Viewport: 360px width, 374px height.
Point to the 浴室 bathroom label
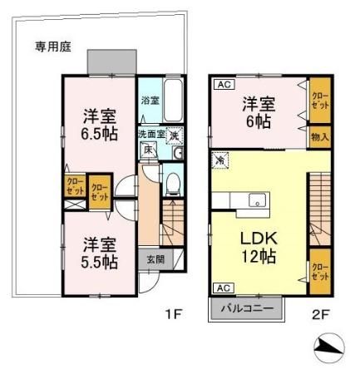pos(150,100)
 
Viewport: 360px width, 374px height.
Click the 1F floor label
pos(172,314)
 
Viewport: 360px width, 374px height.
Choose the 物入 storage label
pos(320,137)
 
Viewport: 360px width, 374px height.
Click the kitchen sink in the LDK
pos(257,200)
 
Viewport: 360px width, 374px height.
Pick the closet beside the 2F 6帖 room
pos(320,101)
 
